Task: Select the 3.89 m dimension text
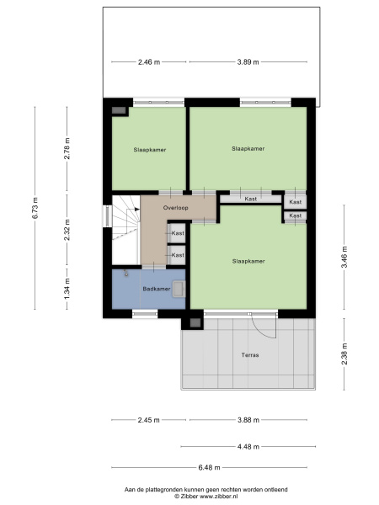coord(248,61)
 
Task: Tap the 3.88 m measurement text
coord(248,420)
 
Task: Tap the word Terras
coord(248,355)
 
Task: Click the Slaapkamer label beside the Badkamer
coord(248,261)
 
